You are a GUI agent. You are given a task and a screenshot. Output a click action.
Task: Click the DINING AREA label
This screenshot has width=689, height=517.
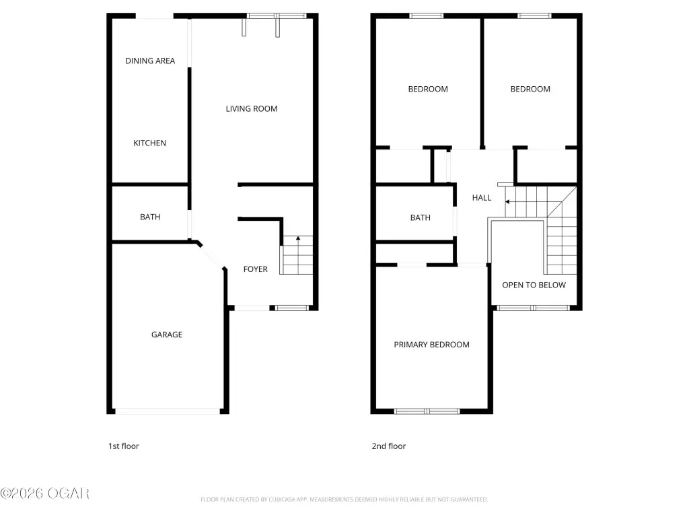pos(150,61)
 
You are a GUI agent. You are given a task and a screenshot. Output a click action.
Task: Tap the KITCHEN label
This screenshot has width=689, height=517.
pos(149,143)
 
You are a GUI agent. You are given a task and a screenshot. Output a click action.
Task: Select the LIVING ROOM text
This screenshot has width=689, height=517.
pos(252,108)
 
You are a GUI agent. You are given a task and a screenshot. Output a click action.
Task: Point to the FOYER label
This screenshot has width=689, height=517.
pos(255,269)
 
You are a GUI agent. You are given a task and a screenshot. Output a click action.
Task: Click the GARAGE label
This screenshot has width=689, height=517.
pos(167,335)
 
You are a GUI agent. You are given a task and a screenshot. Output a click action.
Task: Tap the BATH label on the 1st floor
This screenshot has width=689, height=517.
pos(150,217)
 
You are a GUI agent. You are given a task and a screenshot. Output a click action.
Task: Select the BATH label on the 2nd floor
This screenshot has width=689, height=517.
pos(420,217)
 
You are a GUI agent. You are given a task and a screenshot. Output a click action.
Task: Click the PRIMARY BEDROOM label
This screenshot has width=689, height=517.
pos(431,345)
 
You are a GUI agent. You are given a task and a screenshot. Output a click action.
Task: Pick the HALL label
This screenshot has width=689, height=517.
pos(482,198)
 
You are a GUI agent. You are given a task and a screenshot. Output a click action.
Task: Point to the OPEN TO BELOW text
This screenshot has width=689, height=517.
pos(534,285)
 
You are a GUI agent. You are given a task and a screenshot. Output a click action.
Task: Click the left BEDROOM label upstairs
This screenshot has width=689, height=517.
pos(428,90)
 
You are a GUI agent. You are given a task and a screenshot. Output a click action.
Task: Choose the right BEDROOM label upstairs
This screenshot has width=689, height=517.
pos(530,90)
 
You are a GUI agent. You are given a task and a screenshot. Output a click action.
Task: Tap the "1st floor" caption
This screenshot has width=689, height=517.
pos(124,446)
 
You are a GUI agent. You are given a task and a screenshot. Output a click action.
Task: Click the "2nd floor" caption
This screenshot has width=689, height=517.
pos(389,446)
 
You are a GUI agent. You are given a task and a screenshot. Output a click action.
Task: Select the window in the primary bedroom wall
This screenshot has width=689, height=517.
pos(427,411)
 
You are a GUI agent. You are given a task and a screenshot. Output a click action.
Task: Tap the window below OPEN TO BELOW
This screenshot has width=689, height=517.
pos(534,308)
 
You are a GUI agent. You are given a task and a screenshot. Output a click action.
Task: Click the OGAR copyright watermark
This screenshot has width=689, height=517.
pos(45,493)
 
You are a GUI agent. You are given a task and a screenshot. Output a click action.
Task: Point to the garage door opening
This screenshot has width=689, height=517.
pos(168,411)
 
